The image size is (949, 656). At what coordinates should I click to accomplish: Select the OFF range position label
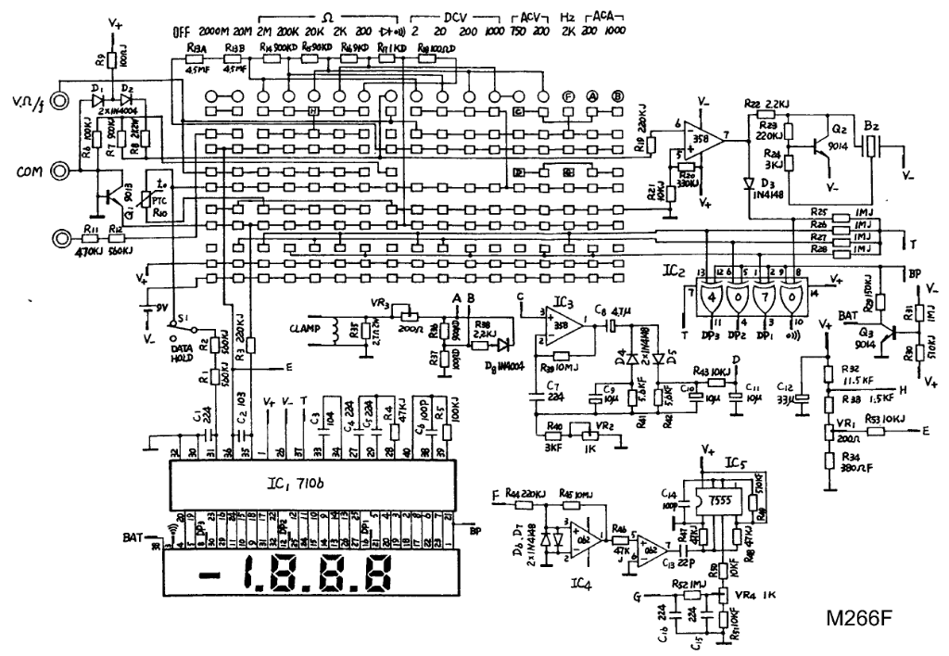[x=181, y=32]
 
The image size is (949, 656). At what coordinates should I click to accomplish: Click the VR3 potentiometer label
[x=378, y=302]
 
